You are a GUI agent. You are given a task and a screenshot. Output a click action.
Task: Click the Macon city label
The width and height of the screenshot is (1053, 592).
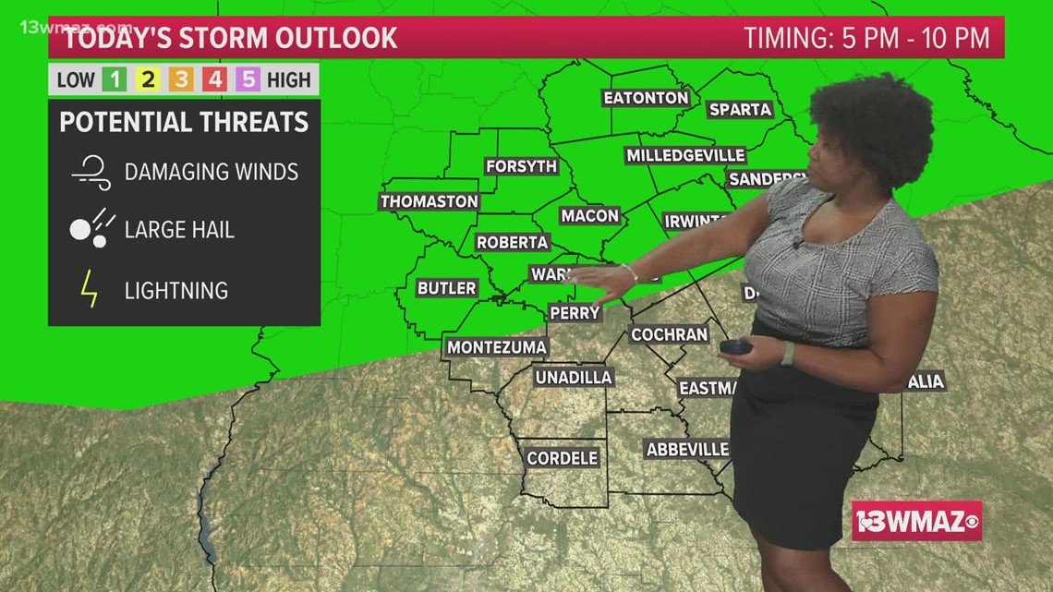coord(589,215)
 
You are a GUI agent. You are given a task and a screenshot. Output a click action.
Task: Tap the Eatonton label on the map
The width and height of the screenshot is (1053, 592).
coord(646,97)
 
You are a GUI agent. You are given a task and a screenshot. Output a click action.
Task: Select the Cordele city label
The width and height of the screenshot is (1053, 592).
coord(562,457)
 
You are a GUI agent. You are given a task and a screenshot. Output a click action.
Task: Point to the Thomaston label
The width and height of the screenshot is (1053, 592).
coord(430,200)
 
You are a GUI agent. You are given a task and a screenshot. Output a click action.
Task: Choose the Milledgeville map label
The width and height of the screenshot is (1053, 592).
coord(684,155)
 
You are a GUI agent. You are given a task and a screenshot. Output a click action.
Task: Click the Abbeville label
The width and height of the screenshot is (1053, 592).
coord(687,449)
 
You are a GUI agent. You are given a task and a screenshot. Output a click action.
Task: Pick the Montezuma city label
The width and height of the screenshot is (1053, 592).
coord(497,347)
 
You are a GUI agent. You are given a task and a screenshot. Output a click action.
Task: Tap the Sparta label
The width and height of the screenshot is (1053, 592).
coord(740,109)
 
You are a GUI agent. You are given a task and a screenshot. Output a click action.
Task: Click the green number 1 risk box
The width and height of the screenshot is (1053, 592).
coord(115,79)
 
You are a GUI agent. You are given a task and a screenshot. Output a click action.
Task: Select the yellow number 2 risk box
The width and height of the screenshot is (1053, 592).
coord(148,79)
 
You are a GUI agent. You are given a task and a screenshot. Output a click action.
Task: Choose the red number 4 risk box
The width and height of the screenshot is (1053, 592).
coord(214,79)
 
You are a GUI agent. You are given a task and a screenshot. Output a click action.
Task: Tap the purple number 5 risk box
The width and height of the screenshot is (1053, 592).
coord(248,79)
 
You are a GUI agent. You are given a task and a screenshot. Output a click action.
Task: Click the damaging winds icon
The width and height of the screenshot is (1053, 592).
coord(91,172)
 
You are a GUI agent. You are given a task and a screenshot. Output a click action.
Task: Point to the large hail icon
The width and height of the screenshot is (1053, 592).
coord(91,228)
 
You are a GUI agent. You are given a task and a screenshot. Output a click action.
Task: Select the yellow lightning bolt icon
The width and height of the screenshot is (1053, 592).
coord(90,290)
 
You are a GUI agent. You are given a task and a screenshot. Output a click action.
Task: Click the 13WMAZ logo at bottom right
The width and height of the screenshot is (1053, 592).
coord(916,521)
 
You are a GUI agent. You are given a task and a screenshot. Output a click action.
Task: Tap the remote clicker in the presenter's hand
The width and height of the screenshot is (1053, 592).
coord(736,347)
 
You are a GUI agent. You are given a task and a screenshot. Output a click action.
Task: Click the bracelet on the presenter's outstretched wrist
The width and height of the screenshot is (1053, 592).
coord(630,274)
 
